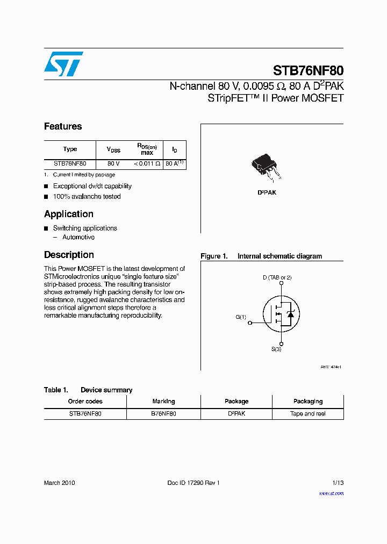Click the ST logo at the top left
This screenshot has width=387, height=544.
[x=63, y=64]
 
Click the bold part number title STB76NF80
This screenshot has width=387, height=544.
[x=308, y=70]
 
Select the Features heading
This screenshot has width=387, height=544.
[x=63, y=126]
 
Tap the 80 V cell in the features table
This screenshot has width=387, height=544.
[x=113, y=163]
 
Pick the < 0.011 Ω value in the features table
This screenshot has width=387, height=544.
[x=147, y=163]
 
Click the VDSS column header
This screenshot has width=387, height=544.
[x=113, y=149]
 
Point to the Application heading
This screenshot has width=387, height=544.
[x=69, y=214]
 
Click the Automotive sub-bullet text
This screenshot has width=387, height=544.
[x=78, y=237]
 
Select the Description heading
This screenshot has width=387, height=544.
[x=69, y=255]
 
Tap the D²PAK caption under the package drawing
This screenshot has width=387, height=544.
[x=267, y=192]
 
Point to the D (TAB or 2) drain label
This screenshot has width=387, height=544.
[x=277, y=277]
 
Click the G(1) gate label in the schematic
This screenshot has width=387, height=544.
[x=241, y=317]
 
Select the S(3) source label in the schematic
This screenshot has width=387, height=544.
[x=276, y=349]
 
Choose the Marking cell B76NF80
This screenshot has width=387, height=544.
[x=163, y=414]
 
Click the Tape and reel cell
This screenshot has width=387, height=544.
[x=307, y=414]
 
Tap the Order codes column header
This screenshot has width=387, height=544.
[x=85, y=401]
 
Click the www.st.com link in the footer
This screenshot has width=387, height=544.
[x=331, y=493]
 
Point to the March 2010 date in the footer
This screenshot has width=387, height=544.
[x=60, y=483]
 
